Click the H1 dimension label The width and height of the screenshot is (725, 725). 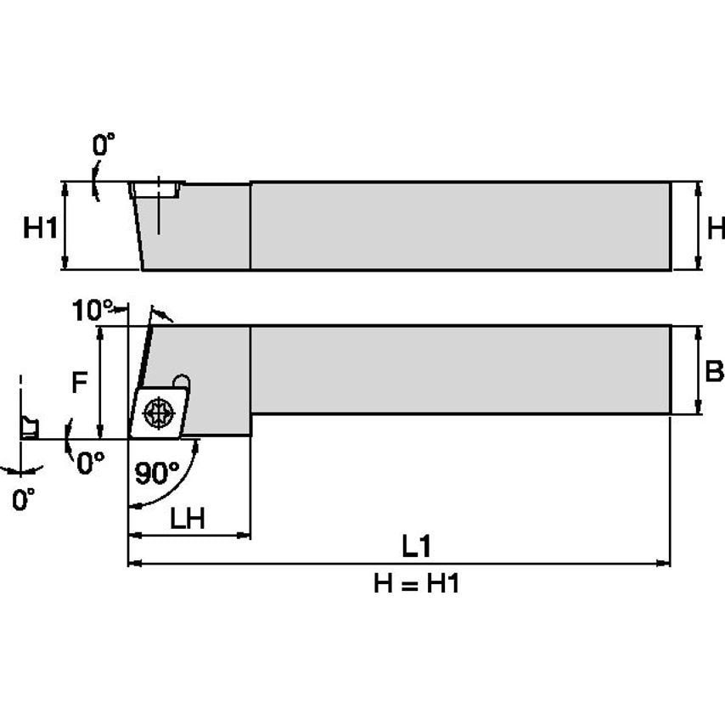(x=39, y=228)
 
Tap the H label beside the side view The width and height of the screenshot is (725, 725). (x=716, y=228)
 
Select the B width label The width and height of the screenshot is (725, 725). (x=715, y=371)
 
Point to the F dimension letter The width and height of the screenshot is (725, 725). (x=78, y=384)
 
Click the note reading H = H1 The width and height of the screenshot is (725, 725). (x=416, y=584)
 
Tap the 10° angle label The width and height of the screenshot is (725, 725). (x=91, y=311)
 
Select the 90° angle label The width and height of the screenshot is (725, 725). (x=157, y=473)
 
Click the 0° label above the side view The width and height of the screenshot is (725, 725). (x=103, y=145)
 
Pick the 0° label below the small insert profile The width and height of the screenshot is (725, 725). (x=24, y=499)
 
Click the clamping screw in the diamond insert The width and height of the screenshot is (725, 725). (x=157, y=413)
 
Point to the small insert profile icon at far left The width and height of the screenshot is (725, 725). (x=29, y=426)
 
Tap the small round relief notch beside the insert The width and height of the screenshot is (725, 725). (x=181, y=381)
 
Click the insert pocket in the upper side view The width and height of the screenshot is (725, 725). (x=158, y=190)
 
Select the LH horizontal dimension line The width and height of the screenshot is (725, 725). (x=188, y=536)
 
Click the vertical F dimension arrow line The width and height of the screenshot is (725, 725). (x=101, y=382)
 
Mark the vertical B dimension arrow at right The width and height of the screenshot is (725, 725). (x=698, y=371)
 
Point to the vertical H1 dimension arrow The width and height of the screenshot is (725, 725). (x=66, y=226)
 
